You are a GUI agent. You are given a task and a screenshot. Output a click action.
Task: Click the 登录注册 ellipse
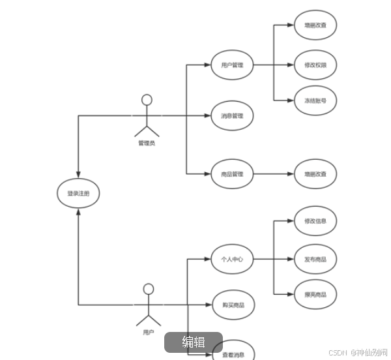[78, 194]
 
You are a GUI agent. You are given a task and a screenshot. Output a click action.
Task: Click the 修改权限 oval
[315, 65]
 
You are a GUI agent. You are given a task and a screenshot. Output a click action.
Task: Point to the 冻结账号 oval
[315, 101]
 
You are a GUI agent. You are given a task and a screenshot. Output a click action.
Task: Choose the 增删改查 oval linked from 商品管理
[315, 174]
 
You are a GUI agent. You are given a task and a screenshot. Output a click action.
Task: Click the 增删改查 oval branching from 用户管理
[315, 26]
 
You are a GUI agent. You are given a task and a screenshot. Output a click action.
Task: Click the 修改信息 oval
[315, 221]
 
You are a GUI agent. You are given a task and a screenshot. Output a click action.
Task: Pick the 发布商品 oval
[315, 259]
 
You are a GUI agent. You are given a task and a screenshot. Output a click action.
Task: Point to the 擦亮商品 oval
[315, 295]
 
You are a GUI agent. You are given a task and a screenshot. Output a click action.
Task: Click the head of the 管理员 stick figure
[147, 100]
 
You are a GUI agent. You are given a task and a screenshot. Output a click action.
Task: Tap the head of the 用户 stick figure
[149, 289]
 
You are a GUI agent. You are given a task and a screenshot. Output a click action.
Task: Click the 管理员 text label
[147, 143]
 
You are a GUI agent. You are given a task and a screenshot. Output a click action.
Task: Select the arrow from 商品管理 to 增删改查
[274, 174]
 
